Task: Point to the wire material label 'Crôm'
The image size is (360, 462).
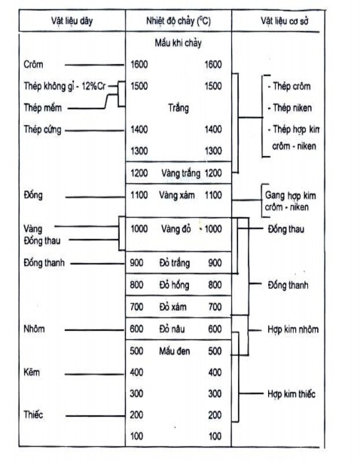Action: pos(34,65)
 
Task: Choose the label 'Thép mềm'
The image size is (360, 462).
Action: pos(44,107)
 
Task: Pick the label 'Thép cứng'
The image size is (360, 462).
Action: pos(44,130)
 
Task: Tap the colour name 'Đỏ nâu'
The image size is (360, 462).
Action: pos(175,329)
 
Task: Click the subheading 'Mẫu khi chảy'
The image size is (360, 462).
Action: pos(178,43)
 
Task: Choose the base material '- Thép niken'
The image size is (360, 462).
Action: pos(289,107)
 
